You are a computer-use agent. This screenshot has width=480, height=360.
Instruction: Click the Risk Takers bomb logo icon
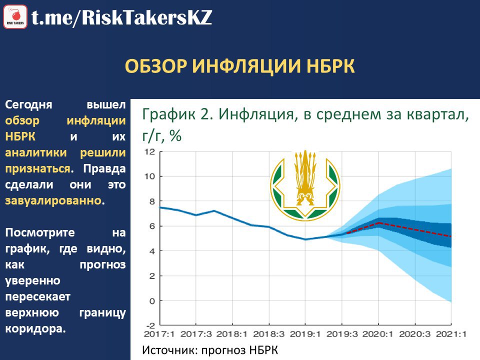pos(15,17)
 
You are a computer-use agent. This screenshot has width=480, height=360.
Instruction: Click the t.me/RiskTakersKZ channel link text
pos(122,17)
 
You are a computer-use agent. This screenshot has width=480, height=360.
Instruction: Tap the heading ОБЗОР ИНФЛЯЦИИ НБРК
pos(239,66)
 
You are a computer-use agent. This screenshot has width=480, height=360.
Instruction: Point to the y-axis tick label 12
pos(150,152)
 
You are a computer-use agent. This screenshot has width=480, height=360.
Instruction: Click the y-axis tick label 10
pos(150,176)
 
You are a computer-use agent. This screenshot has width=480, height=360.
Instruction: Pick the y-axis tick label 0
pos(152,301)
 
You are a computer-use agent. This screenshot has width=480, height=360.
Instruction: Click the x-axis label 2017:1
pos(159,333)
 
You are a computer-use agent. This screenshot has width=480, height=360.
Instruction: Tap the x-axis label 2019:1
pos(305,333)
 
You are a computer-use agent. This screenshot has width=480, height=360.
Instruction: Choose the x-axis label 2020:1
pos(378,333)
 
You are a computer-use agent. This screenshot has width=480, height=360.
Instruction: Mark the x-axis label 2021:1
pos(451,333)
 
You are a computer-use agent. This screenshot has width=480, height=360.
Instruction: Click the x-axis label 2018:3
pos(269,333)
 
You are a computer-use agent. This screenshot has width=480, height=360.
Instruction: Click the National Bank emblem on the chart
pos(305,185)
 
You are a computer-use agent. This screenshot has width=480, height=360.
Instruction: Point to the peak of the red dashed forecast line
pos(379,222)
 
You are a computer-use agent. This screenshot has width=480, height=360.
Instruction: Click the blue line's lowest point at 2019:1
pos(305,239)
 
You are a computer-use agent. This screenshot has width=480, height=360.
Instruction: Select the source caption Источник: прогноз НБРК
pos(210,350)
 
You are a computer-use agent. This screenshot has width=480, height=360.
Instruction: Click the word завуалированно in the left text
pos(53,200)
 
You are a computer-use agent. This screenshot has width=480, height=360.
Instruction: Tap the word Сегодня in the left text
pos(29,105)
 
